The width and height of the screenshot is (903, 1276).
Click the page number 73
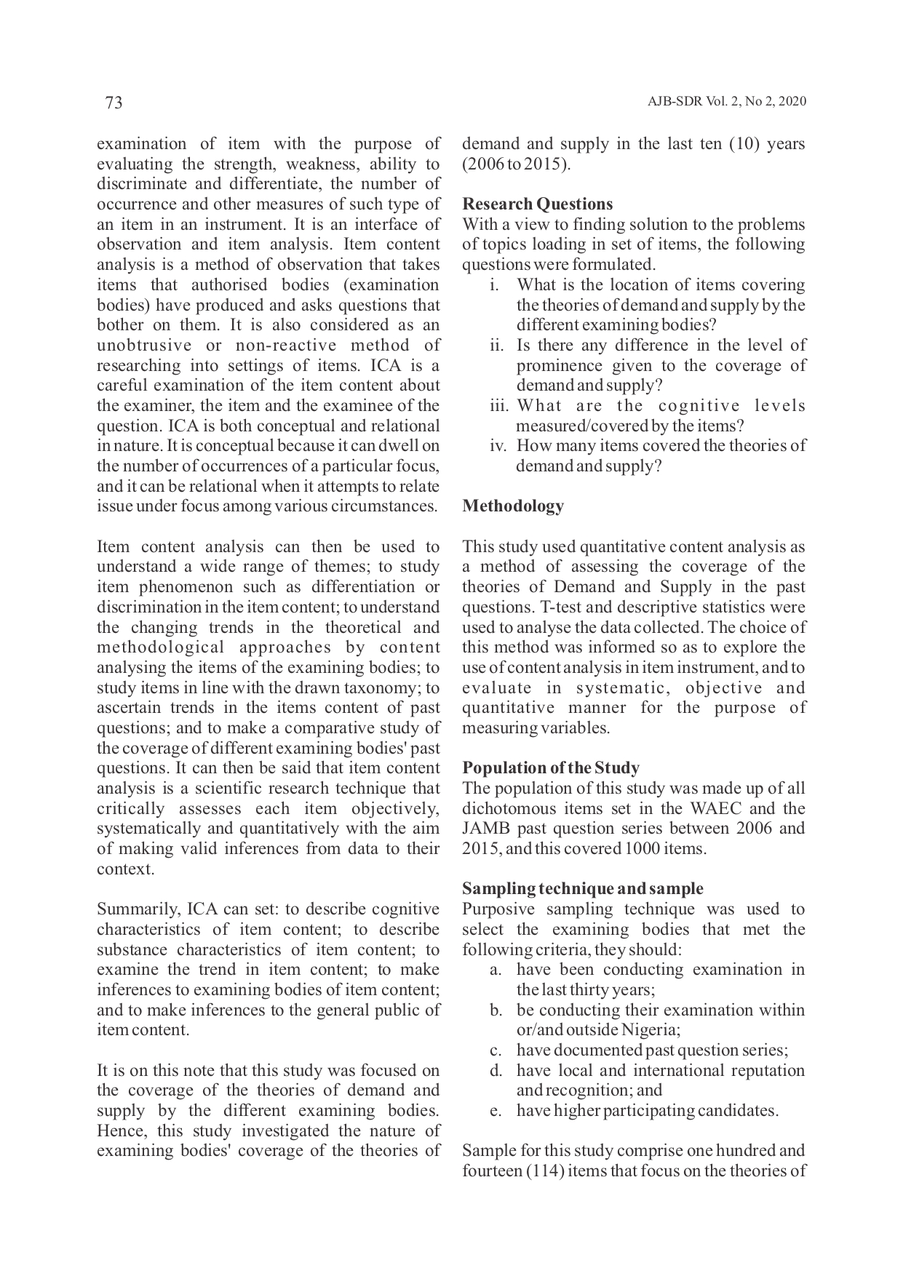click(x=114, y=103)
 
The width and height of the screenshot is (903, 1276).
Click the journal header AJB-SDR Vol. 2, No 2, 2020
click(x=726, y=102)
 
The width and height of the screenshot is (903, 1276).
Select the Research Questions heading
click(x=537, y=204)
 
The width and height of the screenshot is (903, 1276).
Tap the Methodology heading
click(x=513, y=506)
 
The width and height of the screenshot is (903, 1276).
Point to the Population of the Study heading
click(x=551, y=767)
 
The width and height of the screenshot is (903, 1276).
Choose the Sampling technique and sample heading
click(x=582, y=888)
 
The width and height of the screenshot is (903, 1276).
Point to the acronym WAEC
click(x=725, y=808)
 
